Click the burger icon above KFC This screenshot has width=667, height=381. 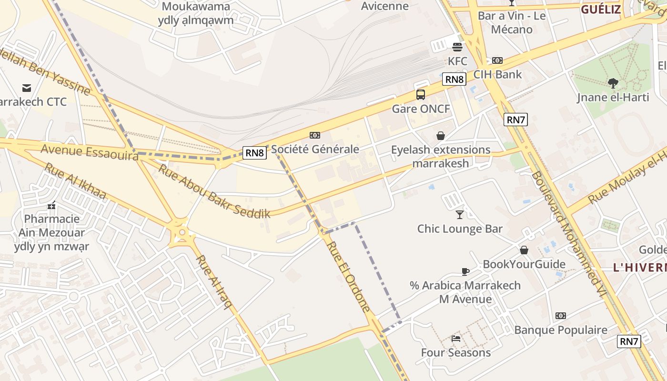(457, 47)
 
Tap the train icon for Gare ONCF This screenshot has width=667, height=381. (421, 95)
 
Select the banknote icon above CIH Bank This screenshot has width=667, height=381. (497, 60)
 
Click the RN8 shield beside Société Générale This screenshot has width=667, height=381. (254, 152)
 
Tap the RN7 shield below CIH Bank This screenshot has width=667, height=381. (515, 120)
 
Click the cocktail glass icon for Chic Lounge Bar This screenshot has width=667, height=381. (460, 215)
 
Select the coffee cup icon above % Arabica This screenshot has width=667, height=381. (465, 271)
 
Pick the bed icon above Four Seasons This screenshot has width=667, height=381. (456, 339)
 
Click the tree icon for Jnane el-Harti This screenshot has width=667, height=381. (613, 83)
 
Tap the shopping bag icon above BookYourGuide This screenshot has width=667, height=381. (524, 250)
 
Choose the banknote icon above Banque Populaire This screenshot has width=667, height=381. (561, 316)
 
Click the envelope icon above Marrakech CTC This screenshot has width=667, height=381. (27, 88)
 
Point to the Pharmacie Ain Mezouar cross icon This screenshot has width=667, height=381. (51, 205)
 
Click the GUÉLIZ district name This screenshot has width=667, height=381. (600, 9)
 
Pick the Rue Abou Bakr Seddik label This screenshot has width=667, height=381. (214, 191)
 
